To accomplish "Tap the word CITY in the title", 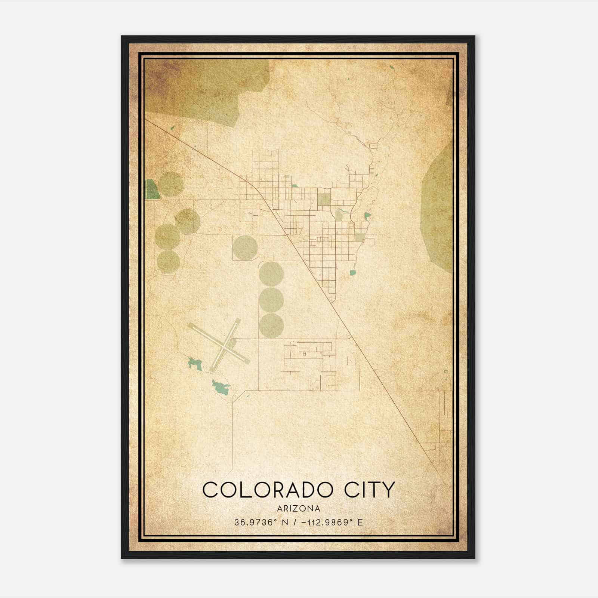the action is click(369, 490).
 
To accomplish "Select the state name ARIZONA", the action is click(299, 509).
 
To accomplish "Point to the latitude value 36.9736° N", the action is click(261, 522).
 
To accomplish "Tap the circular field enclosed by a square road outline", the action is click(245, 247).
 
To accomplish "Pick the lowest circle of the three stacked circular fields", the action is click(271, 326).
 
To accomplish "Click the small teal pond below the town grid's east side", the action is click(352, 272).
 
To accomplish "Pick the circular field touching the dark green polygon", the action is click(171, 184).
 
